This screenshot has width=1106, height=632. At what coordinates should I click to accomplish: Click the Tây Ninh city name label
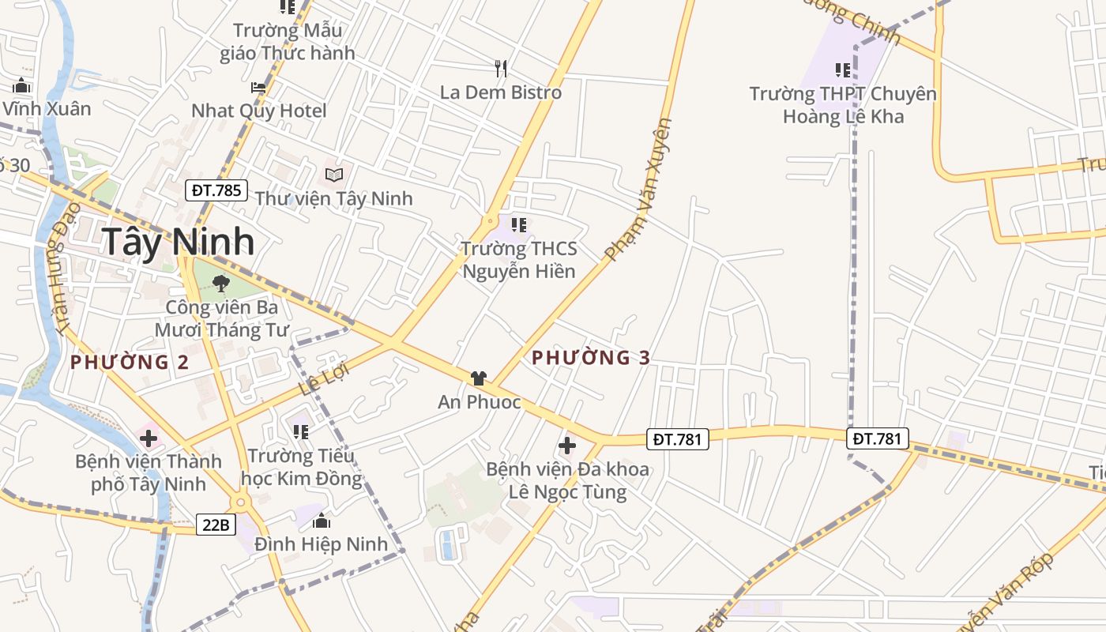(179, 242)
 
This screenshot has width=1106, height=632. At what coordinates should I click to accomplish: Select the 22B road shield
(216, 524)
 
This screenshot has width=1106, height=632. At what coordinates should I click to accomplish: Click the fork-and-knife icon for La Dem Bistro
(500, 69)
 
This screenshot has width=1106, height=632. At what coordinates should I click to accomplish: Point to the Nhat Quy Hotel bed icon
(258, 88)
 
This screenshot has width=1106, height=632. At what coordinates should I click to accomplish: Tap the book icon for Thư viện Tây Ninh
(334, 175)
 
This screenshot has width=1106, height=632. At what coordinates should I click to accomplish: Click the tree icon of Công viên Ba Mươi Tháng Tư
(221, 283)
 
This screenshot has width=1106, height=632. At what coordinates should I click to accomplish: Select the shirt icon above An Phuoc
(478, 378)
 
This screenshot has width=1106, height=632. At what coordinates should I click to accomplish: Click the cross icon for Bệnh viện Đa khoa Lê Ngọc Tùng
(567, 446)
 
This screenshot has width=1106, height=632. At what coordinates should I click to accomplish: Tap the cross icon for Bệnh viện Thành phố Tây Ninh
(148, 438)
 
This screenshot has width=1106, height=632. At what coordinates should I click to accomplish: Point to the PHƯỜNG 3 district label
(591, 358)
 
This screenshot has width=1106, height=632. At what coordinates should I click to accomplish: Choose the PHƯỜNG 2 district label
(130, 363)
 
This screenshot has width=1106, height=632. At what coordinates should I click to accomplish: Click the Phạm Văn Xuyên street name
(640, 190)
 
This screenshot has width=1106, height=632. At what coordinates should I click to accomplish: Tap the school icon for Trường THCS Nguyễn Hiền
(519, 225)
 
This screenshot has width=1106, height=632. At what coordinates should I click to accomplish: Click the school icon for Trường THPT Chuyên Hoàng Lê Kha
(843, 70)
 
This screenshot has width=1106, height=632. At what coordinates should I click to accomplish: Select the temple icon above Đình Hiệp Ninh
(322, 521)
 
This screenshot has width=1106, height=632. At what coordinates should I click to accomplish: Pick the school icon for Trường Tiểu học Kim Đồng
(300, 432)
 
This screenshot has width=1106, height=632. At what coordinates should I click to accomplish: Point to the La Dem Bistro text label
(501, 92)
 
